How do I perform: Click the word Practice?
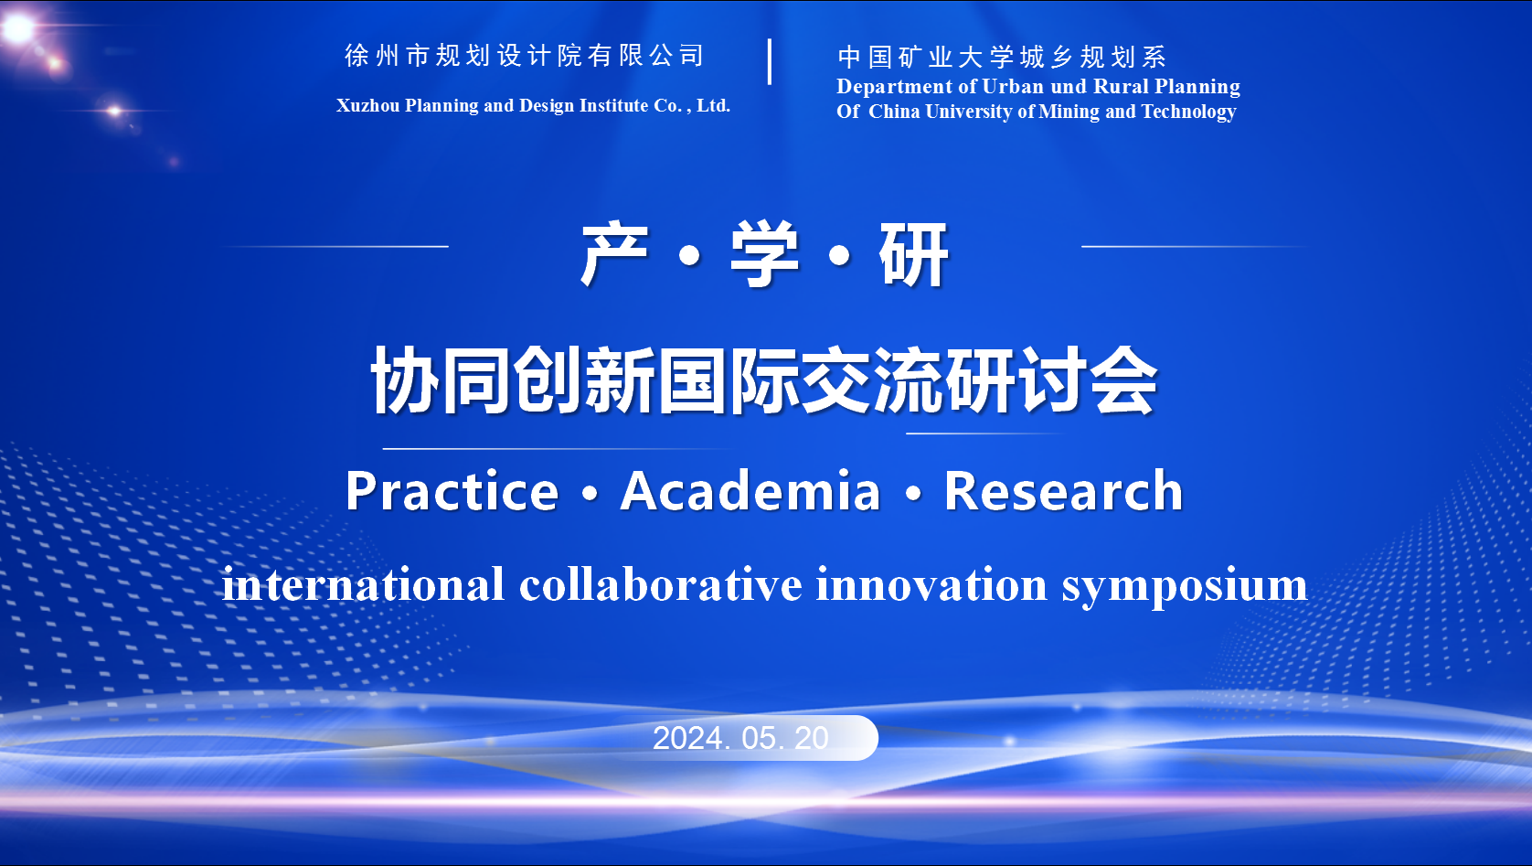(x=452, y=490)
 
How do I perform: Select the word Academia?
(x=750, y=490)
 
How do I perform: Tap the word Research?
(x=1063, y=490)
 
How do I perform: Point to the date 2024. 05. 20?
(x=740, y=738)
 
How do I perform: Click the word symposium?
(x=1185, y=586)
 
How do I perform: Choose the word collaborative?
(x=661, y=585)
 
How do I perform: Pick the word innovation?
(x=931, y=585)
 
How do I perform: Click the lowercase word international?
(x=363, y=585)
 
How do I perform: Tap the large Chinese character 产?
(x=614, y=254)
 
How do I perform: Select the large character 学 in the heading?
(x=765, y=254)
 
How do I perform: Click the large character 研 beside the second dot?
(x=914, y=254)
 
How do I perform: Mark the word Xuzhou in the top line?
(x=368, y=105)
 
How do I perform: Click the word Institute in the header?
(x=614, y=105)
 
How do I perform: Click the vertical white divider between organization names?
(x=770, y=61)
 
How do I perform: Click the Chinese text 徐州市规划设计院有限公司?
(x=524, y=56)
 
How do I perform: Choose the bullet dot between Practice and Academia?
(x=590, y=493)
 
